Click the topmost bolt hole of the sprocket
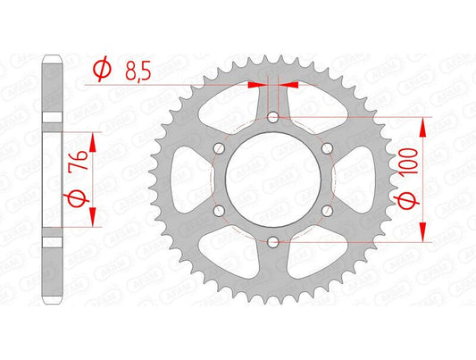(272, 117)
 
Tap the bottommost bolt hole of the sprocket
(272, 240)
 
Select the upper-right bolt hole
(326, 148)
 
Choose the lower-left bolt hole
(220, 210)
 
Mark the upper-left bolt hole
(220, 148)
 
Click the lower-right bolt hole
(326, 210)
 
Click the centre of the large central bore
(272, 179)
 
